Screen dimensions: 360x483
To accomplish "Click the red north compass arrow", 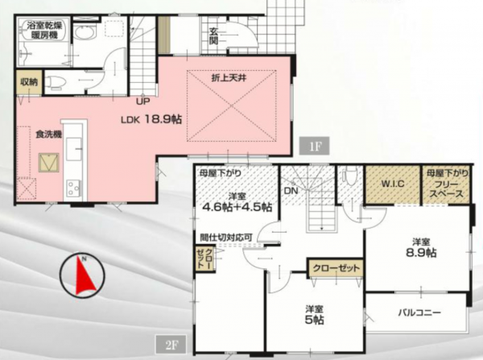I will [x=83, y=276].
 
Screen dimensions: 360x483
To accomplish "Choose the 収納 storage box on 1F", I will [x=29, y=81].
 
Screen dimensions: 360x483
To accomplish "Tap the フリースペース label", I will [x=444, y=190].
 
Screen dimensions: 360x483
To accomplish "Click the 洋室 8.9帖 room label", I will [x=420, y=247].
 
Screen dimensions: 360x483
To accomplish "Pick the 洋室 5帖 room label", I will [x=314, y=314].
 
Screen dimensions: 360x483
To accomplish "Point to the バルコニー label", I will [x=417, y=312].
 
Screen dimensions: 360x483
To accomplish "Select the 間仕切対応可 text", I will [x=226, y=238].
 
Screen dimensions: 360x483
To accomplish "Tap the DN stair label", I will [x=291, y=191].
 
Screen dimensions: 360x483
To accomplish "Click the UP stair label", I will [x=143, y=102].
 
